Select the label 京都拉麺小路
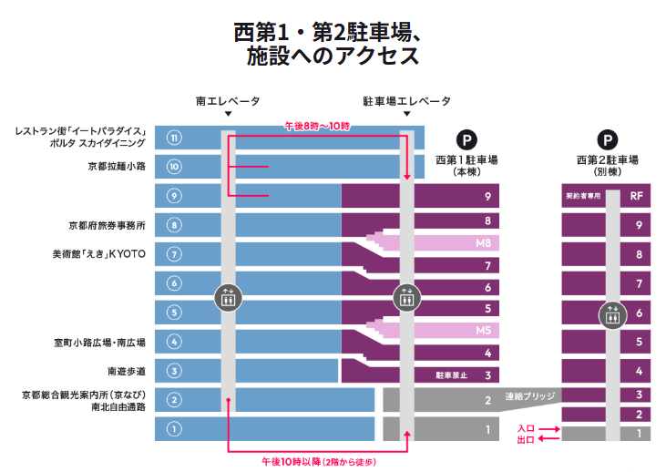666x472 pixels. (x=117, y=167)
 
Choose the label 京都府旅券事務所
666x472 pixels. (x=108, y=224)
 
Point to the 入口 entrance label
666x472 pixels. (x=526, y=427)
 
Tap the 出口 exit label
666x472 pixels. (x=526, y=439)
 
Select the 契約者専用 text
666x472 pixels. (x=582, y=196)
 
